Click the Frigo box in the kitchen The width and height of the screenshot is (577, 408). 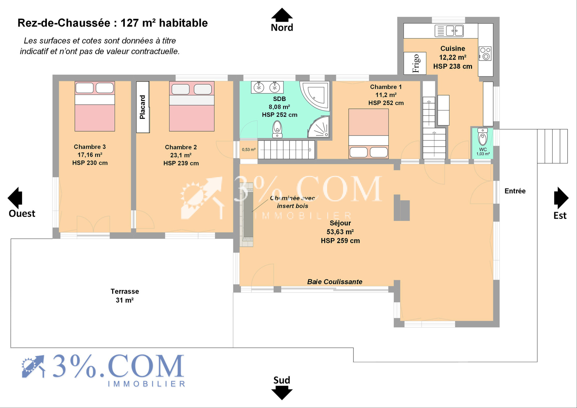tap(415, 63)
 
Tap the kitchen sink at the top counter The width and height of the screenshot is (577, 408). tap(449, 31)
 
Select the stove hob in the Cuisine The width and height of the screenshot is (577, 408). tap(485, 54)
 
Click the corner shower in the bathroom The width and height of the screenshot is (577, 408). tap(318, 127)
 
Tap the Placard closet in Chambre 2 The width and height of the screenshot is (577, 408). tap(143, 107)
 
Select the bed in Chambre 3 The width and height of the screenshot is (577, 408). tap(95, 106)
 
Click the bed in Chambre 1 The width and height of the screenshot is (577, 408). tap(368, 133)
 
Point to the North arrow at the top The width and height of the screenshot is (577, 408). tap(282, 15)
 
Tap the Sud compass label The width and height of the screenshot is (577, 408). tap(282, 380)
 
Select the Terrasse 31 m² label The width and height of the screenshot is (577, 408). tap(125, 295)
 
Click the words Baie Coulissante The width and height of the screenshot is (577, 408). tap(335, 282)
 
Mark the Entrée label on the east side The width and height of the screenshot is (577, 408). tap(515, 191)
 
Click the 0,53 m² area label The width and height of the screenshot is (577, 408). tap(248, 149)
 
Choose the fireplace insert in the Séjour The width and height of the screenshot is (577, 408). tap(248, 214)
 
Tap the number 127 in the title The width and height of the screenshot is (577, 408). tap(129, 23)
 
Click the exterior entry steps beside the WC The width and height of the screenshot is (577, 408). tap(552, 146)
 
